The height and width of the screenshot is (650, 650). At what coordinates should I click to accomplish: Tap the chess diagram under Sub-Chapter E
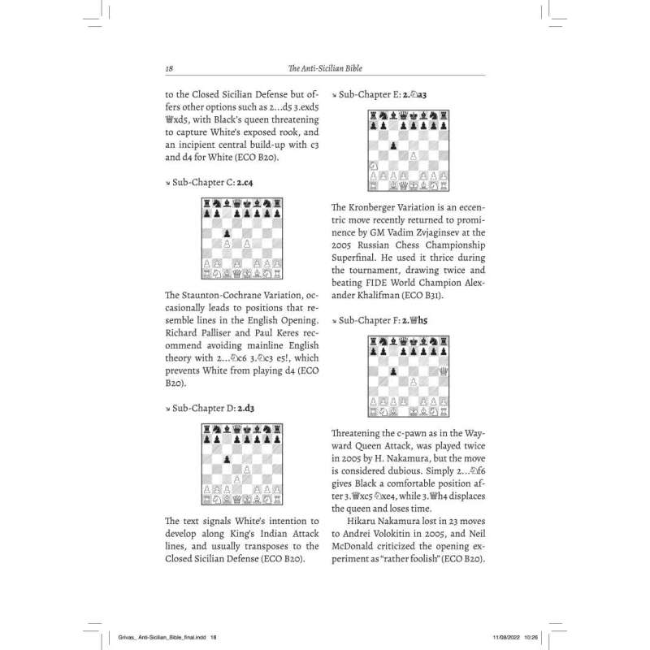[410, 151]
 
